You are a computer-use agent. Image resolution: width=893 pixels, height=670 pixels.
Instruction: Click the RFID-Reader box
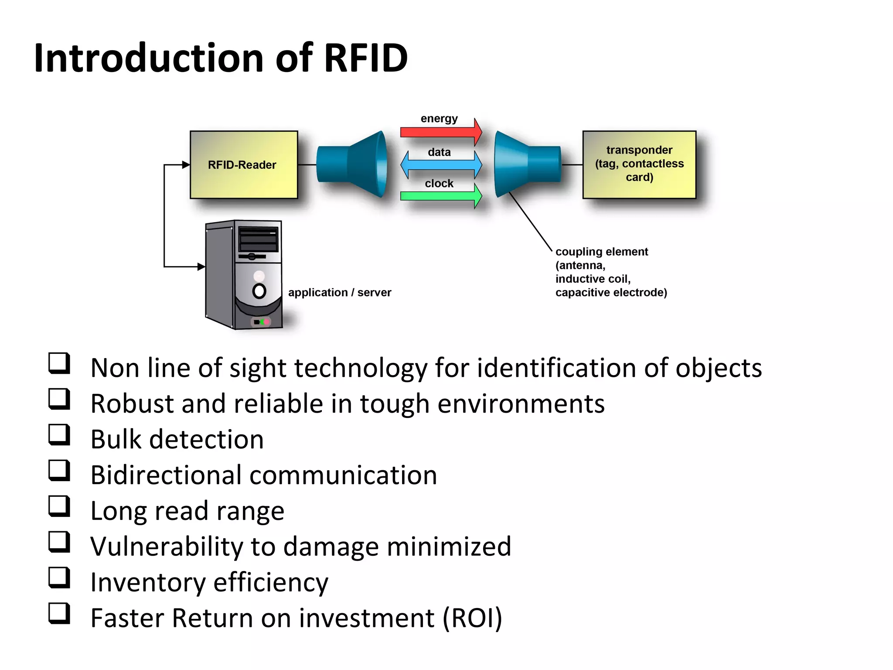(243, 164)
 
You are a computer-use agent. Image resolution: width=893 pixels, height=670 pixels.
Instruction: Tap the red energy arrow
(440, 131)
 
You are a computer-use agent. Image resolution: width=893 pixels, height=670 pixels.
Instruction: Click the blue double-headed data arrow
(441, 165)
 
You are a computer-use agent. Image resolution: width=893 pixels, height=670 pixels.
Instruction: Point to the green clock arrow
(440, 196)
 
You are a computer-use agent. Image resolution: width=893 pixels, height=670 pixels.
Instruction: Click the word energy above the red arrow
(439, 119)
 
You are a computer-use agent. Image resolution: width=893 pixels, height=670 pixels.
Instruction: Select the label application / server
(340, 292)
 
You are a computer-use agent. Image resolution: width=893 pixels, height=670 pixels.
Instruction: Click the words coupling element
(601, 252)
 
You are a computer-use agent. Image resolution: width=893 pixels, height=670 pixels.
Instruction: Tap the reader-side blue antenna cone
(353, 164)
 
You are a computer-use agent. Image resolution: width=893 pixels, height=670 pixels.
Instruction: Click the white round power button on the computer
(259, 291)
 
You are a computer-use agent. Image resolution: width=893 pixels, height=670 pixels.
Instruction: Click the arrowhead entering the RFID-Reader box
(186, 165)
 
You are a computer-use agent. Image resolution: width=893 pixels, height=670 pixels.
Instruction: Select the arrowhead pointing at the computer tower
(201, 267)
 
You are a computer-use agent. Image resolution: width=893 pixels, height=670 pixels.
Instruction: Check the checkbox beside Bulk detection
(59, 434)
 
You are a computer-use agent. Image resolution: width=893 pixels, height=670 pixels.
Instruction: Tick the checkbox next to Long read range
(59, 506)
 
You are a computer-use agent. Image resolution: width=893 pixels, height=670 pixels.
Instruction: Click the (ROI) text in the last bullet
(472, 618)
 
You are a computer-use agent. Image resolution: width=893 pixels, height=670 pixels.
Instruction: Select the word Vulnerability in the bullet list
(166, 546)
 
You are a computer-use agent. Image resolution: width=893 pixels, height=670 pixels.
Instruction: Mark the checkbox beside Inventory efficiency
(59, 578)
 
